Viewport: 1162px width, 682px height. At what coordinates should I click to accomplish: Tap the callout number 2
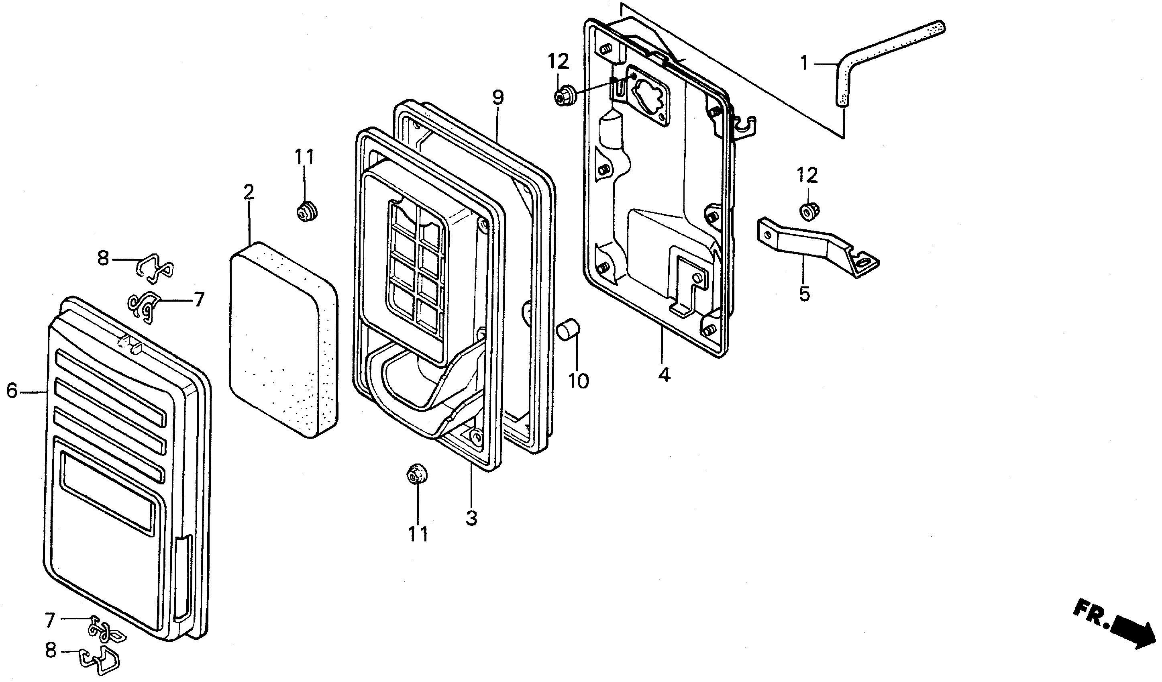(x=249, y=193)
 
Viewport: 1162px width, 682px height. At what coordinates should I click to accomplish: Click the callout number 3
(x=471, y=518)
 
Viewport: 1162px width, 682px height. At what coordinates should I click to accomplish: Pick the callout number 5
(x=804, y=293)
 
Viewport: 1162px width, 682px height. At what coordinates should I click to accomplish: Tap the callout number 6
(x=12, y=391)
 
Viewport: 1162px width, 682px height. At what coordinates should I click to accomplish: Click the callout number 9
(x=498, y=98)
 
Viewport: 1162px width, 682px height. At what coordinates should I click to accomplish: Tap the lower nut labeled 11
(x=416, y=475)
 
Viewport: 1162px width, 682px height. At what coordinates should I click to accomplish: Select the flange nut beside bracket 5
(x=807, y=211)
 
